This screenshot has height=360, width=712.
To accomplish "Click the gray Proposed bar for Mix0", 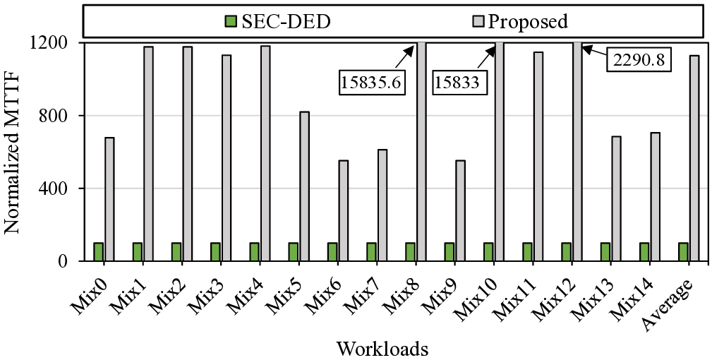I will (109, 199).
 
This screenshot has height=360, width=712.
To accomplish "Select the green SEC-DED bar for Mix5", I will (293, 252).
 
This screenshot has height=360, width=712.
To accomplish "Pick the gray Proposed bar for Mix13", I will (616, 198).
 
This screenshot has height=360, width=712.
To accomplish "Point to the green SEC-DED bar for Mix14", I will (644, 252).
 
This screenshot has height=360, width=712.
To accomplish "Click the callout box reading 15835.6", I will (371, 83).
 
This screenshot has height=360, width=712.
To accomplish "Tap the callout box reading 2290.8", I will (640, 60).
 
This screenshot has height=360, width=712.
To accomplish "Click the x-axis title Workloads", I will (382, 349).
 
